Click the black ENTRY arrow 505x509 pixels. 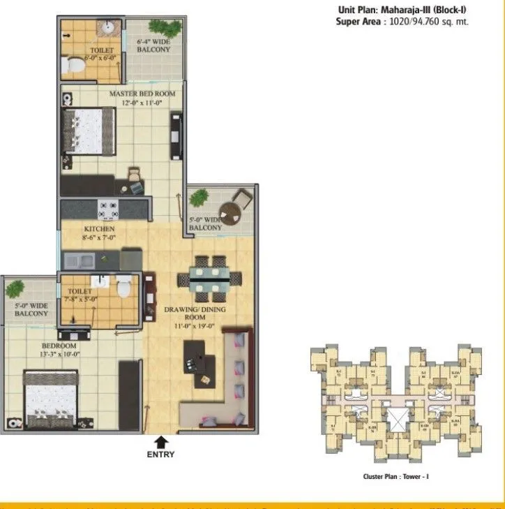(161, 441)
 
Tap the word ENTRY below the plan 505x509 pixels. (161, 455)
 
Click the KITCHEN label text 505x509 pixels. (98, 230)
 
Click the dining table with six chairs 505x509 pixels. (209, 276)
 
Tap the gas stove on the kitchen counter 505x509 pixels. (108, 208)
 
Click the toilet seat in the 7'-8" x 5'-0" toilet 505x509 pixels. (123, 285)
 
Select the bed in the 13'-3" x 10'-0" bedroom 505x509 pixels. (50, 399)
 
